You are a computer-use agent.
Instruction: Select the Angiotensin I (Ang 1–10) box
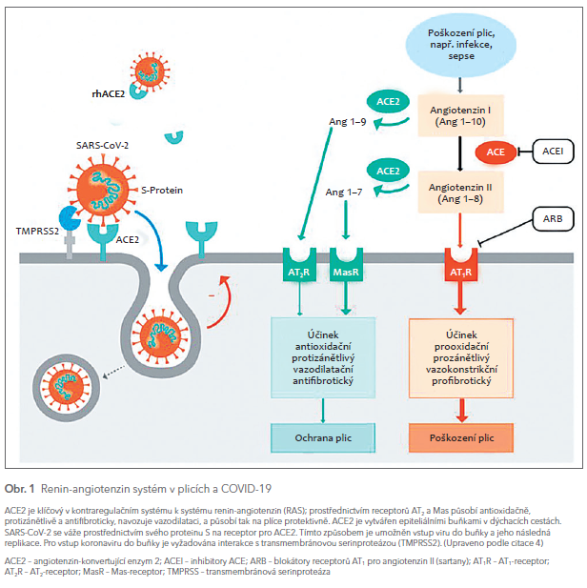tap(460, 117)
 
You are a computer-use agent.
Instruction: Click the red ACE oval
tap(496, 152)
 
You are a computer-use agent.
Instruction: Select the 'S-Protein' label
tap(163, 191)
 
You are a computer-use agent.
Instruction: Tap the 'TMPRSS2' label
tap(36, 231)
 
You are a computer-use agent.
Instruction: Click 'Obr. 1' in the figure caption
tap(19, 488)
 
